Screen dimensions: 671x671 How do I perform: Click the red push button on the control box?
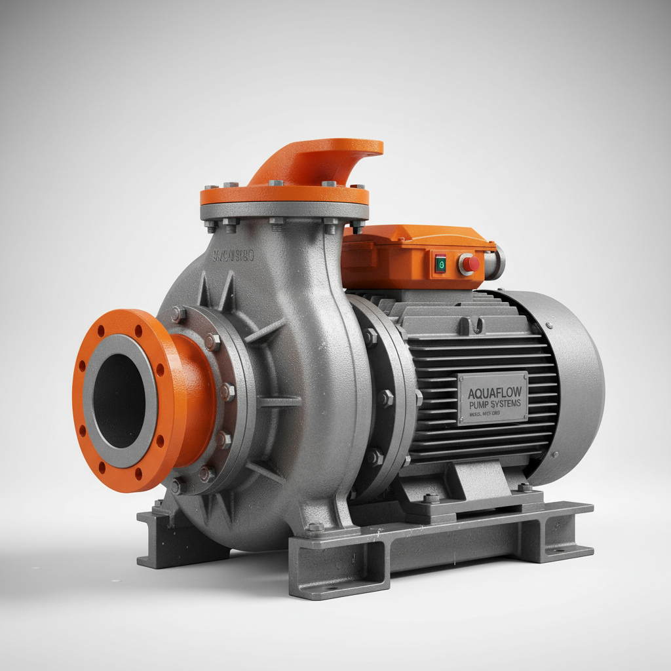coord(469,264)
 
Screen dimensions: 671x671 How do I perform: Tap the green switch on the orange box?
coord(440,263)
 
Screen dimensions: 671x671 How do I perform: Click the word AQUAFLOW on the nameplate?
coord(493,393)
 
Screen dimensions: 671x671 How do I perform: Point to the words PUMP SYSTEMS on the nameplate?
coord(493,405)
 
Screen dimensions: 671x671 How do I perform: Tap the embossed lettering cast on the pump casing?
coord(233,256)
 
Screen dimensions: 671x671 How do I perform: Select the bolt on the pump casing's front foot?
coord(316,526)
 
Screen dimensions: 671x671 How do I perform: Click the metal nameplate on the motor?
coord(493,398)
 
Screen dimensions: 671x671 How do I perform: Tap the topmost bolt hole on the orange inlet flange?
coord(102,323)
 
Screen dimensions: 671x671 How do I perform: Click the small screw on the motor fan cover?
coord(549,324)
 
